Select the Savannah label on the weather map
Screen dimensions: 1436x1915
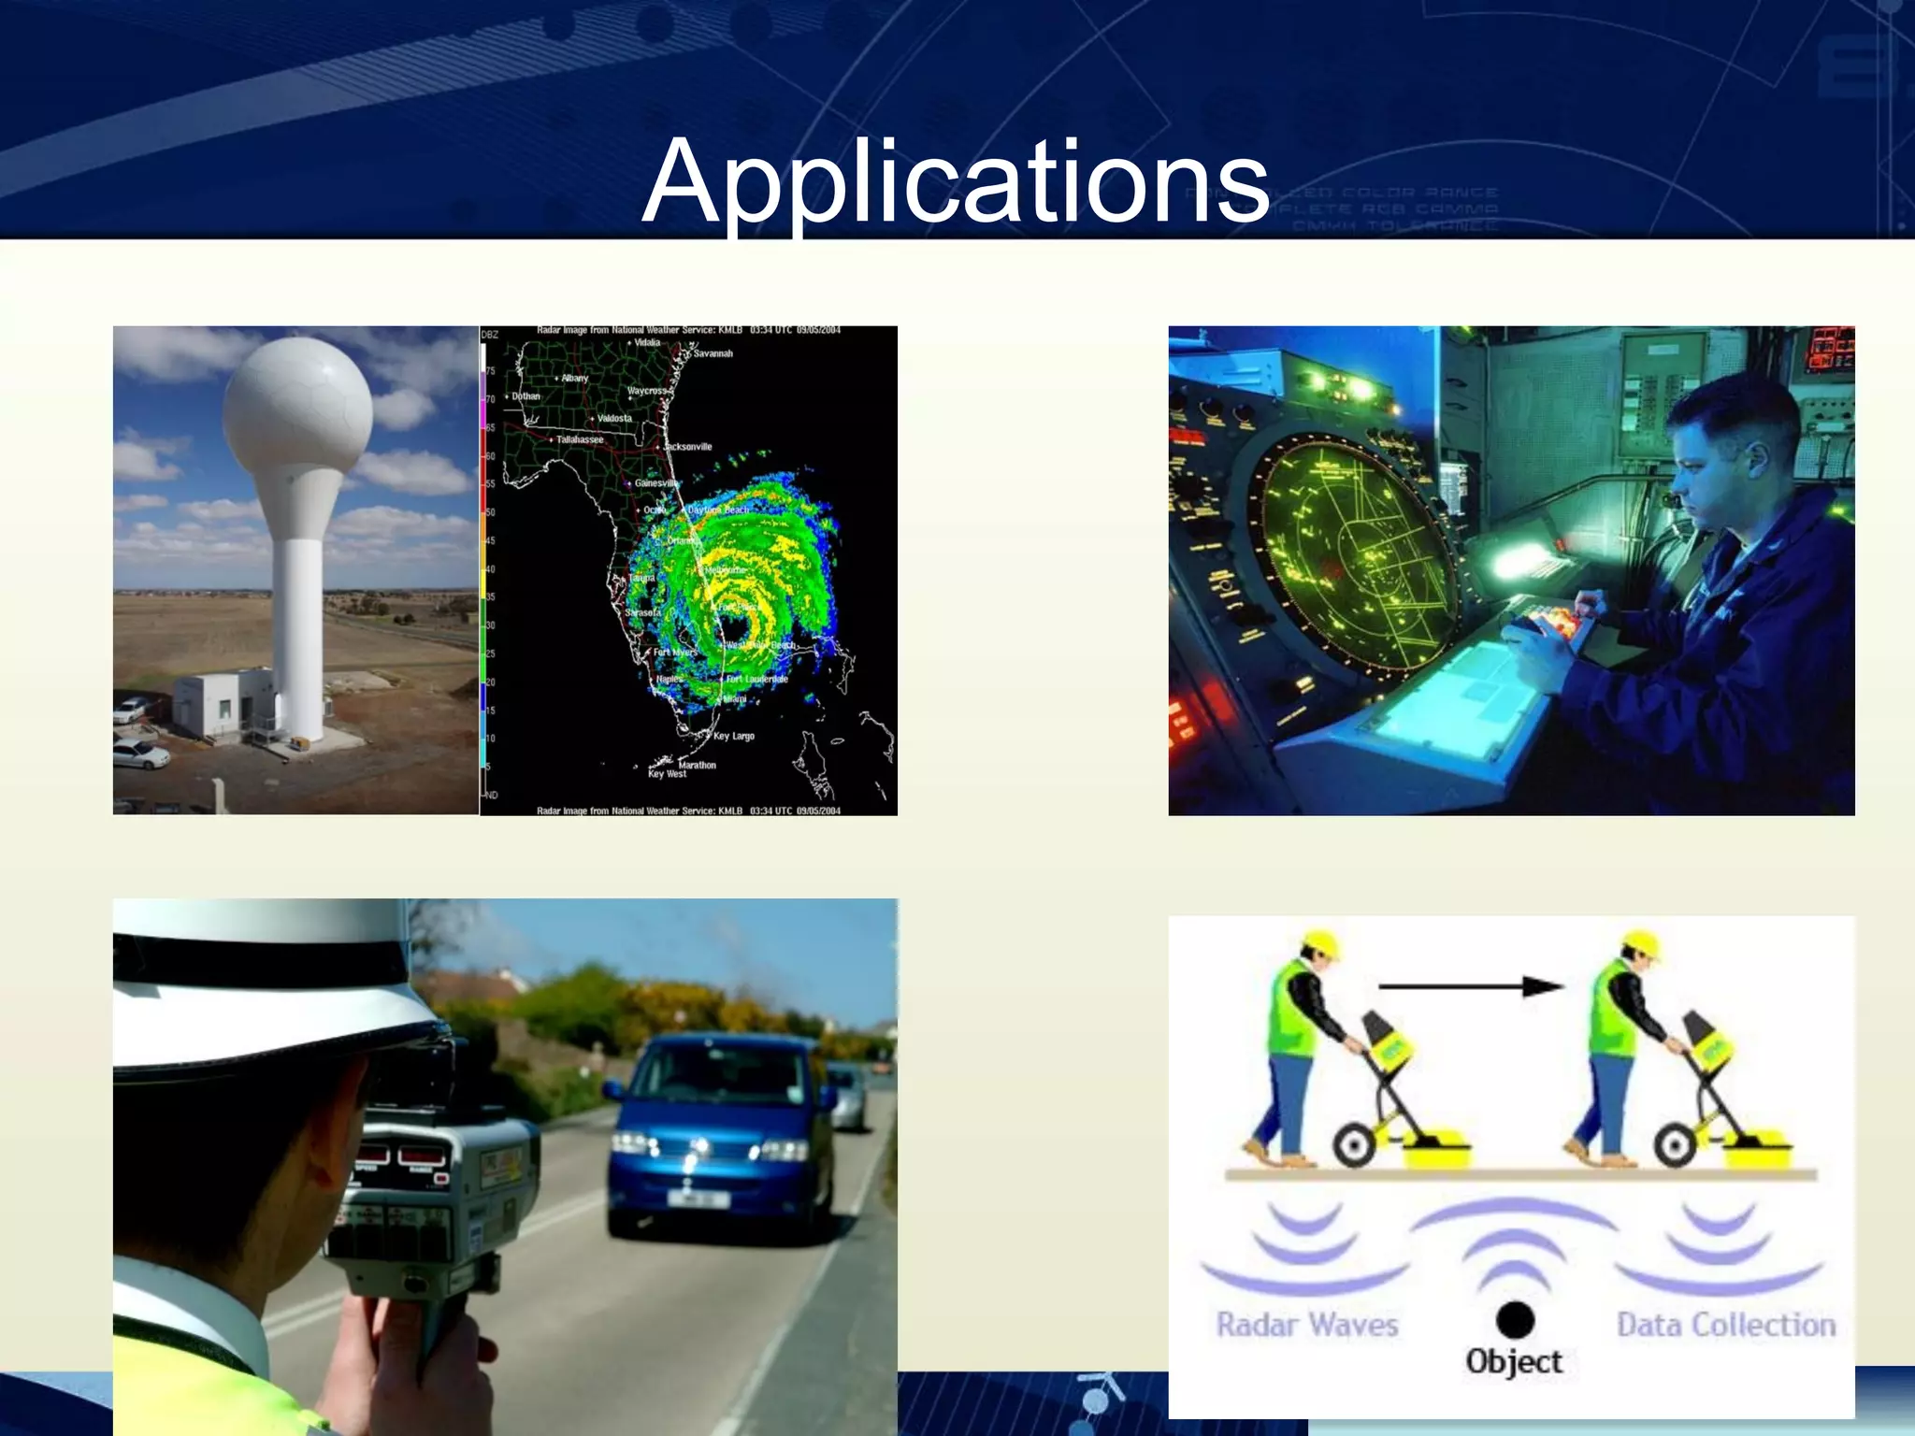[x=713, y=353]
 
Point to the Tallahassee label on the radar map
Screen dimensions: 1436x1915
[x=580, y=439]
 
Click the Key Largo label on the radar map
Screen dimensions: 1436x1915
[x=733, y=736]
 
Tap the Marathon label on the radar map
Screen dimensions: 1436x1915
[x=697, y=765]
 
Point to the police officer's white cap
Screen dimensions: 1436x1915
[x=271, y=982]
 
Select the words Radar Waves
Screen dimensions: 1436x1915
[x=1306, y=1325]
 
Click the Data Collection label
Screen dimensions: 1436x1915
[x=1726, y=1325]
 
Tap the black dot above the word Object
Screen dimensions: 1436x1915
[x=1514, y=1319]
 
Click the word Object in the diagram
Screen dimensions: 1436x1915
[x=1514, y=1361]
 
